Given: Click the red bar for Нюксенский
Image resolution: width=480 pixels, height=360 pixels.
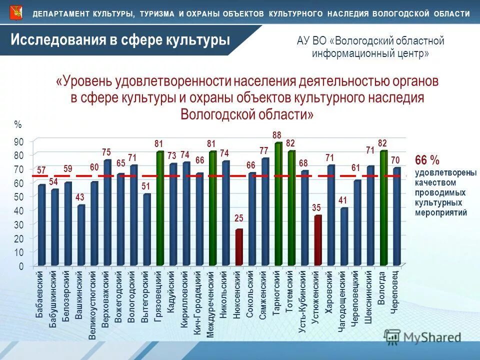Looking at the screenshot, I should [x=239, y=247].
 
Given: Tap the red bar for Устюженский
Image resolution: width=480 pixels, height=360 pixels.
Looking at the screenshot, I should [x=317, y=240].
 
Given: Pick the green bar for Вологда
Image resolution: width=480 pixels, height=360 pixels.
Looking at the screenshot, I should [x=383, y=208].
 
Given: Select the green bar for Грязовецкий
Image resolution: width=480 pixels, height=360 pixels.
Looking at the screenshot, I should [x=160, y=208].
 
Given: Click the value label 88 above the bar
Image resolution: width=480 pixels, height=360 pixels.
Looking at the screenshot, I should [x=277, y=135].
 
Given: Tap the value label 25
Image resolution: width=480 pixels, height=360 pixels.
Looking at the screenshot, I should [x=239, y=219].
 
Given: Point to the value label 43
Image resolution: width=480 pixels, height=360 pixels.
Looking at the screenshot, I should [x=80, y=197].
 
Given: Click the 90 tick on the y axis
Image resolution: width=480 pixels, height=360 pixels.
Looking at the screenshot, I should [x=18, y=142].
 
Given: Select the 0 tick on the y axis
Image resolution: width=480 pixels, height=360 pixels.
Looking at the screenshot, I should [x=20, y=266].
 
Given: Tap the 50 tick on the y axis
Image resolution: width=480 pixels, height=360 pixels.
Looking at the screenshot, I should [x=18, y=197].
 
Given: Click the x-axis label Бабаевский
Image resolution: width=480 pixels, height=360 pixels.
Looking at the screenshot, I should [x=39, y=295].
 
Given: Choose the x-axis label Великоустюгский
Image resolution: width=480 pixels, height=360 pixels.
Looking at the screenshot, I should [x=92, y=305].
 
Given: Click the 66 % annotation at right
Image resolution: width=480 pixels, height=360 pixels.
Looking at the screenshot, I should [x=427, y=160].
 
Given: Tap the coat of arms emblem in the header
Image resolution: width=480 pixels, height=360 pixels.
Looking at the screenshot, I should [x=15, y=12].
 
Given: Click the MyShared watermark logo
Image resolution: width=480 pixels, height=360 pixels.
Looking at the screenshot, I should [x=422, y=337].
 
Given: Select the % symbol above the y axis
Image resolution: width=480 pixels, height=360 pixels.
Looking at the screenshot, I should [x=18, y=124].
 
